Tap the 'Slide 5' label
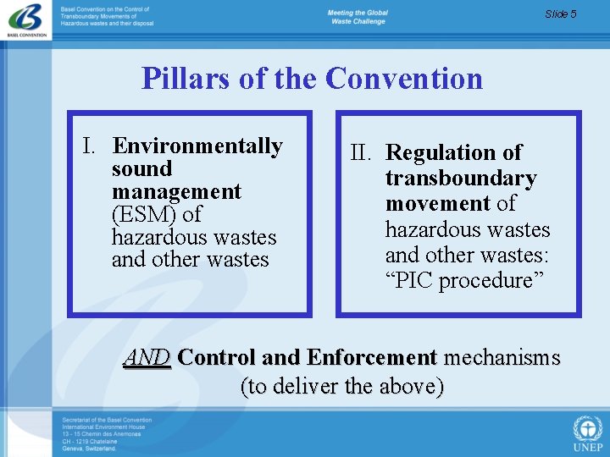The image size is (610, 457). (x=561, y=14)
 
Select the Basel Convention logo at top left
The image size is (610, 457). (x=26, y=21)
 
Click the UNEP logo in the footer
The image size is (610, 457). (x=587, y=432)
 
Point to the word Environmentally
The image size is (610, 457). (x=197, y=146)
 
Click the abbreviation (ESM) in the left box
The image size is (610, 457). (x=142, y=215)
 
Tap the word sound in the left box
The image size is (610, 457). (x=141, y=169)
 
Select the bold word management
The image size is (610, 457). (x=176, y=192)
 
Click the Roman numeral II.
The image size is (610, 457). (x=362, y=153)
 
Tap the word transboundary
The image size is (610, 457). (x=461, y=179)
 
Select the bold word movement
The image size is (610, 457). (x=437, y=204)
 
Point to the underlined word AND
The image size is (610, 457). (x=147, y=358)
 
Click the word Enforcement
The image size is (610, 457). (x=372, y=358)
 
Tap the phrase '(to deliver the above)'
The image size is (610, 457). (x=342, y=387)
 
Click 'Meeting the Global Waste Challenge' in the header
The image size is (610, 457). (x=358, y=17)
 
